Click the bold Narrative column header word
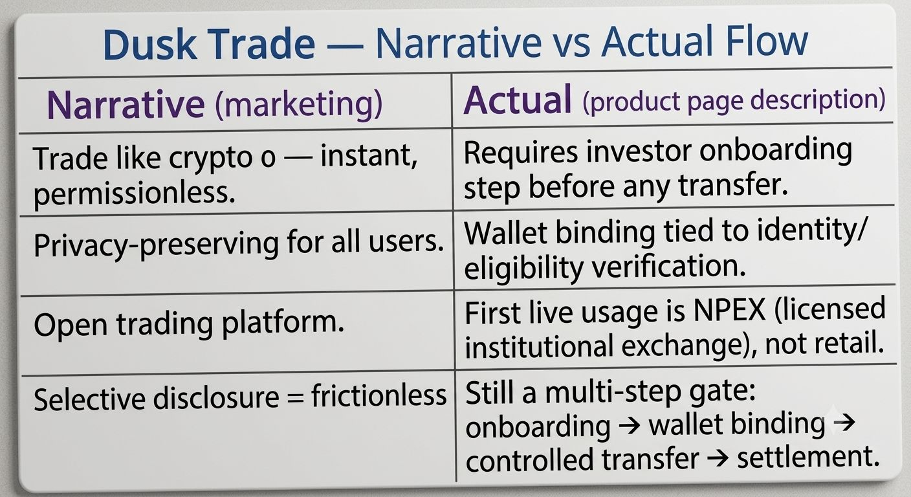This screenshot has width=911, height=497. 126,104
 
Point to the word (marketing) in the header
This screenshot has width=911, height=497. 298,104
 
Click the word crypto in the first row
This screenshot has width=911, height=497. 210,159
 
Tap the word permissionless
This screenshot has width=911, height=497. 135,193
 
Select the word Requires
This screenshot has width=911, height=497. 521,153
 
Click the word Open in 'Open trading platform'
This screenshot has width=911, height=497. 71,326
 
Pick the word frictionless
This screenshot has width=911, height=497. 379,395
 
